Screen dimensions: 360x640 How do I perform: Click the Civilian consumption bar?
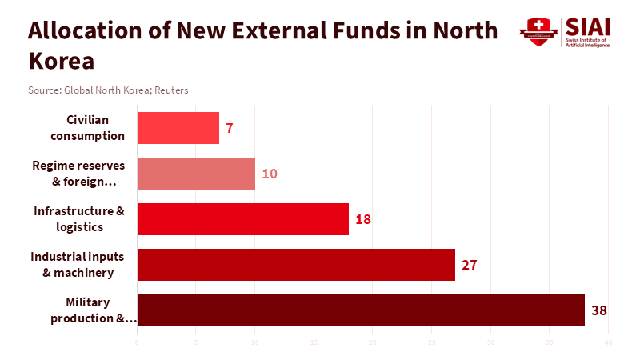pyautogui.click(x=178, y=128)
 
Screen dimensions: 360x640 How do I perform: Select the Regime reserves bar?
pyautogui.click(x=196, y=174)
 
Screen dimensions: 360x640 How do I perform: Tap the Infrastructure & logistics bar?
pyautogui.click(x=242, y=219)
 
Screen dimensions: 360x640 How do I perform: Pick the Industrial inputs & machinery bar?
pyautogui.click(x=296, y=265)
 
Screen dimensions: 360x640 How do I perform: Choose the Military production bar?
pyautogui.click(x=361, y=310)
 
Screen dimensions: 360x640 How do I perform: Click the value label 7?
pyautogui.click(x=229, y=128)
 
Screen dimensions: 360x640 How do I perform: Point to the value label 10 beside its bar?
pyautogui.click(x=269, y=174)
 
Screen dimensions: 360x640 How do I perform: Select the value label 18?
pyautogui.click(x=362, y=219)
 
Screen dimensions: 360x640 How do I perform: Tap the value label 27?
pyautogui.click(x=469, y=265)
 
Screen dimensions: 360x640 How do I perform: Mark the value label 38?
pyautogui.click(x=598, y=310)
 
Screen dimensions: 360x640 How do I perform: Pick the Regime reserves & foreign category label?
pyautogui.click(x=79, y=174)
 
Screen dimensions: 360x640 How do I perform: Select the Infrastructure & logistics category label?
pyautogui.click(x=79, y=219)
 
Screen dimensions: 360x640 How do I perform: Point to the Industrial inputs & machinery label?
pyautogui.click(x=78, y=265)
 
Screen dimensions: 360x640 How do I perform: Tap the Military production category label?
pyautogui.click(x=93, y=310)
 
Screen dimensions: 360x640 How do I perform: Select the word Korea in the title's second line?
pyautogui.click(x=61, y=61)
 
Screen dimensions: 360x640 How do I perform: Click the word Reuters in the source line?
pyautogui.click(x=172, y=90)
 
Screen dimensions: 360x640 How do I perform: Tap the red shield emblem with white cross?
pyautogui.click(x=538, y=31)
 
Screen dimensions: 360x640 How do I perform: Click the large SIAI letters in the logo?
pyautogui.click(x=586, y=26)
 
